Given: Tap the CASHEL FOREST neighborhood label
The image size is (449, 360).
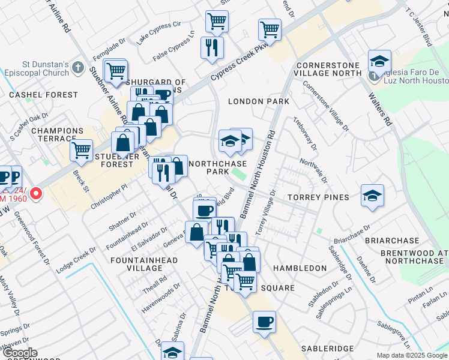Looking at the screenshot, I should [44, 95].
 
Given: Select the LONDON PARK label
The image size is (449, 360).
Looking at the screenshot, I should [259, 102].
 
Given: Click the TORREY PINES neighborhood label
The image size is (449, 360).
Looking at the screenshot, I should [318, 197].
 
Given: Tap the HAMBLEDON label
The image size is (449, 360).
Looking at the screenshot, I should [300, 268].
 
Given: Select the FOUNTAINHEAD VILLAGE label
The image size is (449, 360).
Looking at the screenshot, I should [137, 265].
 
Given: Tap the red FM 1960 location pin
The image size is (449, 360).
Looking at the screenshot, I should [36, 194].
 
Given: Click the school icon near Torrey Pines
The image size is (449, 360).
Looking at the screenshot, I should [372, 196].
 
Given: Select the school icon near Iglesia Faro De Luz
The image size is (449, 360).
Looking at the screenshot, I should [379, 62].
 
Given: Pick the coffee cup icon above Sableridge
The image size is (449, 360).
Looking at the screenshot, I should [264, 322].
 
